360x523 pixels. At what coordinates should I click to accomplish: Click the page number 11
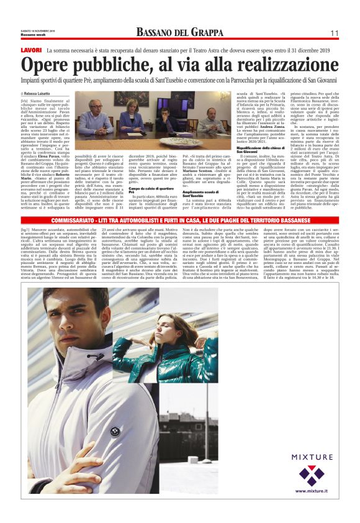click(x=334, y=33)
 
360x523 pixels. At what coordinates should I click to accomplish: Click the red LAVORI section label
click(x=31, y=49)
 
